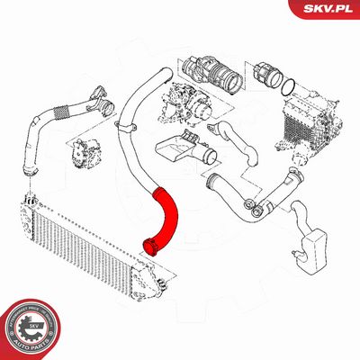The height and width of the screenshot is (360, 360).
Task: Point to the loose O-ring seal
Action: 288,86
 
